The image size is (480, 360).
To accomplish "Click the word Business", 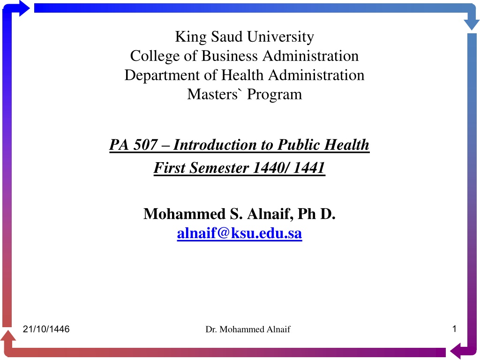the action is (230, 56).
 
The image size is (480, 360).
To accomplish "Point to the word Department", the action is (162, 75).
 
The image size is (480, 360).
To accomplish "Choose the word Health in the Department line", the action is (242, 75).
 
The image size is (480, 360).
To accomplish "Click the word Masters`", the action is (212, 94).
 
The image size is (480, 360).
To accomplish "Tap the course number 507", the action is (145, 144).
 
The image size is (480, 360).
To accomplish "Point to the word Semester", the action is (219, 168).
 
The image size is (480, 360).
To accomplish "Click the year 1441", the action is (308, 168).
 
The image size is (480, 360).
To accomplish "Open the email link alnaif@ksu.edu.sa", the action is (240, 233).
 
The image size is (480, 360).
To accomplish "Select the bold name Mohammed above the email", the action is (184, 214).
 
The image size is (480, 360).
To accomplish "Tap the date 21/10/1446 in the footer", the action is (46, 329).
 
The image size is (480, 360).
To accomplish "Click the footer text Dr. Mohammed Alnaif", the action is (247, 330).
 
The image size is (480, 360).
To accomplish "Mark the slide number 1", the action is (454, 329).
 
